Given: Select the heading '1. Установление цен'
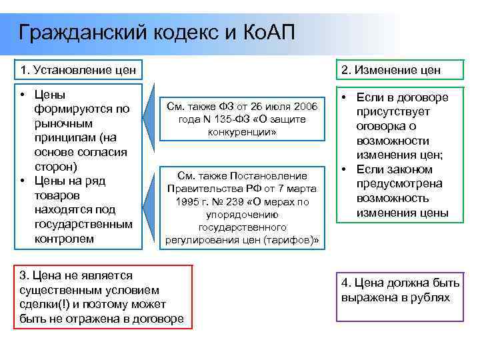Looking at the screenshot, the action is pos(79,70).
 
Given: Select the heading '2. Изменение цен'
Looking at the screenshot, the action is pos(391,70).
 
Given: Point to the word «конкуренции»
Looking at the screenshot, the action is pos(244,132).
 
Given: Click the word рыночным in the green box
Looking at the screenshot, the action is pos(65,123).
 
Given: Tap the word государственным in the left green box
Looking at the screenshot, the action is pos(83,224).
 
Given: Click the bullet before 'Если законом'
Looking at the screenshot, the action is pos(343,169).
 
